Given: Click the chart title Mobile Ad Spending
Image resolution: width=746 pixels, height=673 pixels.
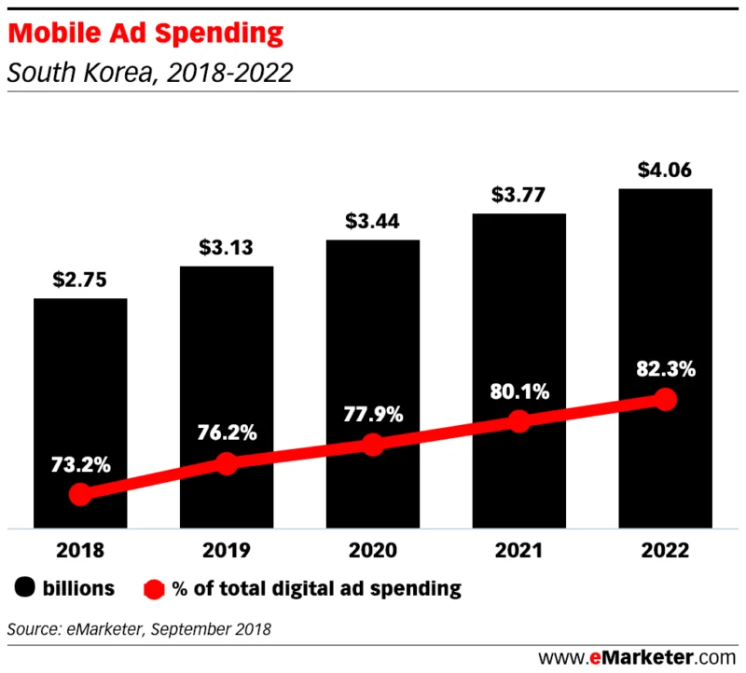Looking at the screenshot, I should click(145, 34).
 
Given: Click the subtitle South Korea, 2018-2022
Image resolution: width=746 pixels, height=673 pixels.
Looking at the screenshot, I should click(149, 73).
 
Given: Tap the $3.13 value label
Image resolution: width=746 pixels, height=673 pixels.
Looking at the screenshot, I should click(226, 249).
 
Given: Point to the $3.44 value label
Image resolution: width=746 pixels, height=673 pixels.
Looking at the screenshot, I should click(372, 223).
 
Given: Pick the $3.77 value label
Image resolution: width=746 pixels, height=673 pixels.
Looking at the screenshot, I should click(518, 197).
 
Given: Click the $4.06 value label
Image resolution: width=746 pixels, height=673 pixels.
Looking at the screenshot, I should click(665, 171).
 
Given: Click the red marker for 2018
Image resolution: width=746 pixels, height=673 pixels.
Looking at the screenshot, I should click(80, 494).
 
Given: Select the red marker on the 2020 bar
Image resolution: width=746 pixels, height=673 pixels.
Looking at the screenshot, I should click(372, 446).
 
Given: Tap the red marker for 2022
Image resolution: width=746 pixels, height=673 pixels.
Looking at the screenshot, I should click(665, 399).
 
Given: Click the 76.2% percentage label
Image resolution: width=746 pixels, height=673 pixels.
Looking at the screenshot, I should click(226, 433).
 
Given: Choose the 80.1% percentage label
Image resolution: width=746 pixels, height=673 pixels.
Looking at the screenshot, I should click(518, 391).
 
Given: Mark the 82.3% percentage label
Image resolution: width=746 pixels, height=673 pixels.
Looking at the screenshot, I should click(665, 369).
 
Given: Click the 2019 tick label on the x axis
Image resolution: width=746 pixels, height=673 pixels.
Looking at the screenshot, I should click(226, 551).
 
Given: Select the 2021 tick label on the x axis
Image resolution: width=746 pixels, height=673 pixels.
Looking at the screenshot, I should click(518, 551).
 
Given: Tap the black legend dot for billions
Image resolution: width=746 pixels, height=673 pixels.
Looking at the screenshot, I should click(25, 588).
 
